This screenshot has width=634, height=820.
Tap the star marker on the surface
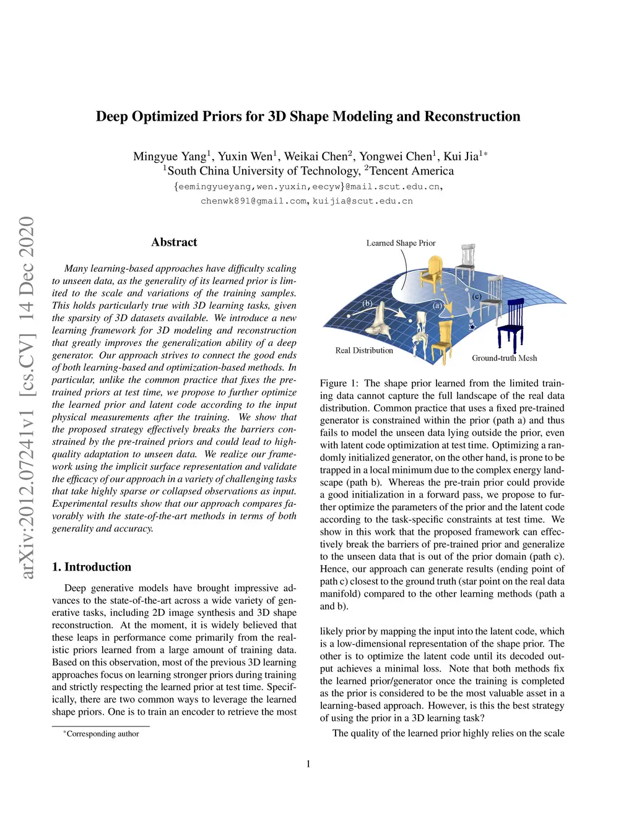(472, 326)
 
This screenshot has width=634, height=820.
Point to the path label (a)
(438, 306)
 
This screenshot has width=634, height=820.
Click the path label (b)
(367, 303)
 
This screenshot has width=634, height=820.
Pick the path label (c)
(477, 296)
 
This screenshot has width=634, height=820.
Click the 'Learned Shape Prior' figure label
(401, 243)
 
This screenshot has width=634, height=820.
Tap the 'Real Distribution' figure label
(364, 350)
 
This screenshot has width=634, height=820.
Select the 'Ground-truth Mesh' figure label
(504, 358)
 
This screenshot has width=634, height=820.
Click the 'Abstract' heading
(174, 243)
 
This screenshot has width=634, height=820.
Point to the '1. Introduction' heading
(92, 567)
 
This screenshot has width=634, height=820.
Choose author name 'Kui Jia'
(461, 157)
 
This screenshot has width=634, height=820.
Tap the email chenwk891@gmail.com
(253, 201)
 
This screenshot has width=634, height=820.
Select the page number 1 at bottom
(308, 764)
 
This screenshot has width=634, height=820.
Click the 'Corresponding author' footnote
(103, 734)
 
